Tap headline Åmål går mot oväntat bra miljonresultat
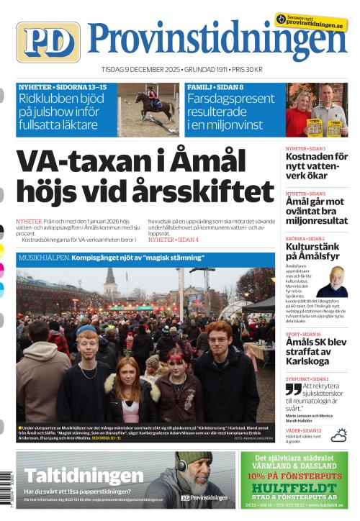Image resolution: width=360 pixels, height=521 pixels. pos(317,214)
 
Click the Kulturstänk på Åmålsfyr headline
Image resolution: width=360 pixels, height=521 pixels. pos(315,252)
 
